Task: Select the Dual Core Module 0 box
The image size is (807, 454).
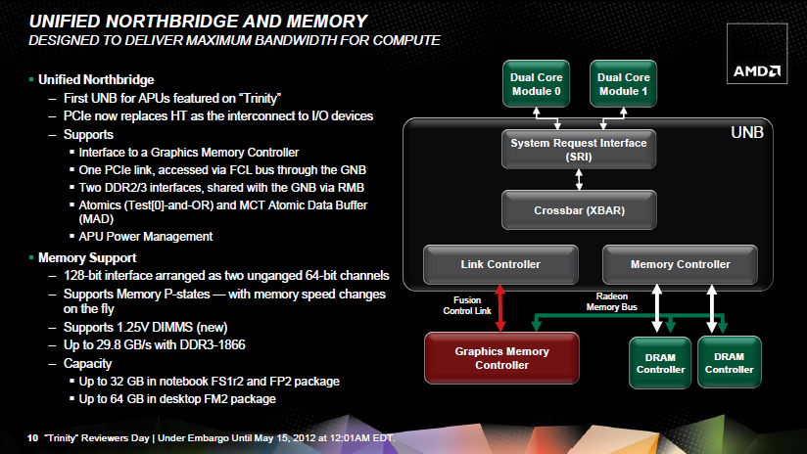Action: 536,84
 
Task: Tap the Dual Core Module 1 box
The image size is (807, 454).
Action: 623,84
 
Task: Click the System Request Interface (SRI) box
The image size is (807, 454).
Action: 579,149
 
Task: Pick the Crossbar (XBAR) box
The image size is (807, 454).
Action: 579,209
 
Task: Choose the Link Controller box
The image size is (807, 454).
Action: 500,264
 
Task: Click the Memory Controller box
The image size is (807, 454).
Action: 680,264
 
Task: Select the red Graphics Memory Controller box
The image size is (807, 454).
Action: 501,358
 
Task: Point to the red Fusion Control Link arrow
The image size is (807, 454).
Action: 499,308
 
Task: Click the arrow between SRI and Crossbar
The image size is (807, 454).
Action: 579,179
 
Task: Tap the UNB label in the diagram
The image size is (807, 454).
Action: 747,133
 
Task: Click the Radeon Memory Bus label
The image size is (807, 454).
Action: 611,301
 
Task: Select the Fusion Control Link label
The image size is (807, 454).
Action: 467,305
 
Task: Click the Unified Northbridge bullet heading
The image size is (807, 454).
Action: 96,79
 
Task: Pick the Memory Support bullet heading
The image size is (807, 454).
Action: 87,257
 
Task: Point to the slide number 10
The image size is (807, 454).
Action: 32,438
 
